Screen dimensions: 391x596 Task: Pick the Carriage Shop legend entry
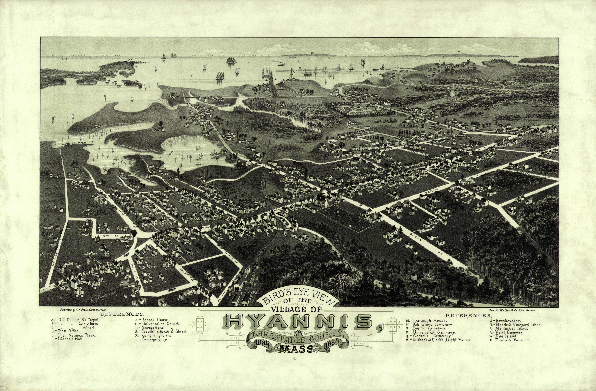pyautogui.click(x=152, y=339)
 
